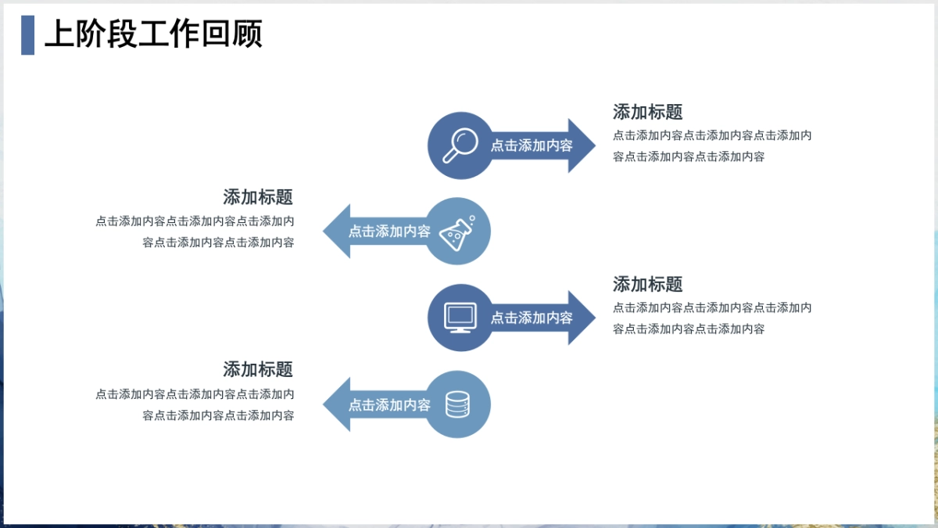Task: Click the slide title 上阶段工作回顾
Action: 153,34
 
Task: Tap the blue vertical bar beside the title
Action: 27,34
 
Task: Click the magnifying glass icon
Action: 460,145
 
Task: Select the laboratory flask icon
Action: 458,232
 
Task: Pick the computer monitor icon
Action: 460,318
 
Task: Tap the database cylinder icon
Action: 458,404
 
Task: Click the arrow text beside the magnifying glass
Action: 532,145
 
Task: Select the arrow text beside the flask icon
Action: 389,232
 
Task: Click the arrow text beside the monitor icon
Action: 532,318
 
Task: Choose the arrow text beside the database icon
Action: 389,405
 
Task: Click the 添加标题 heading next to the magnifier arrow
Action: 648,112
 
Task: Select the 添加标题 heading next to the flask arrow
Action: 258,197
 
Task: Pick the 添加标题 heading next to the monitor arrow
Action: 648,284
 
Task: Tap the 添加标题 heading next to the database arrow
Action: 258,369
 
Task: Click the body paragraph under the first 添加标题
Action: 712,145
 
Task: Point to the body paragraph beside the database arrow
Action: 195,404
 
